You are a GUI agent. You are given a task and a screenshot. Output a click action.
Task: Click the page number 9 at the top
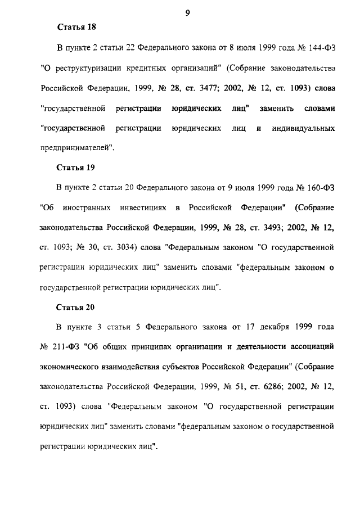point(187,7)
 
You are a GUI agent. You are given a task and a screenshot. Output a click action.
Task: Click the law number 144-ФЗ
point(322,48)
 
